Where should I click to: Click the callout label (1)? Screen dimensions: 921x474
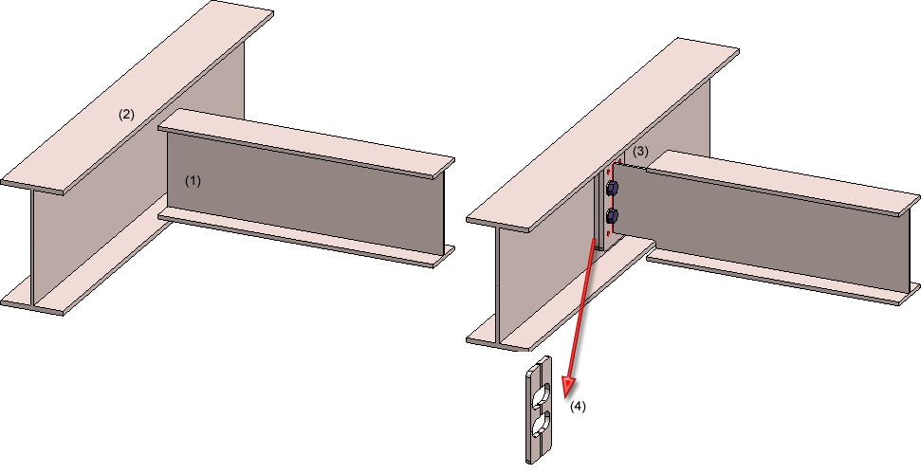click(x=193, y=181)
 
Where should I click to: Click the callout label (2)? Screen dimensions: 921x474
click(x=126, y=115)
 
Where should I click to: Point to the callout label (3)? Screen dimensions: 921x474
click(x=640, y=151)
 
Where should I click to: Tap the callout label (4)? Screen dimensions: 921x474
click(x=578, y=406)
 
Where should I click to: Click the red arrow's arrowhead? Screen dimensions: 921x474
click(x=568, y=387)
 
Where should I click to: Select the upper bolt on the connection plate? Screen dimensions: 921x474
click(x=612, y=188)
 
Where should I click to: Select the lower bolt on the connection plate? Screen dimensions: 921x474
click(x=612, y=215)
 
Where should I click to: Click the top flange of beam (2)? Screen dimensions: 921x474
click(x=138, y=97)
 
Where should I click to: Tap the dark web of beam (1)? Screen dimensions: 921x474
click(x=305, y=188)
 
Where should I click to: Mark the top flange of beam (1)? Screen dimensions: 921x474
click(x=305, y=143)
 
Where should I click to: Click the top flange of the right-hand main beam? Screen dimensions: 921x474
click(x=602, y=136)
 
